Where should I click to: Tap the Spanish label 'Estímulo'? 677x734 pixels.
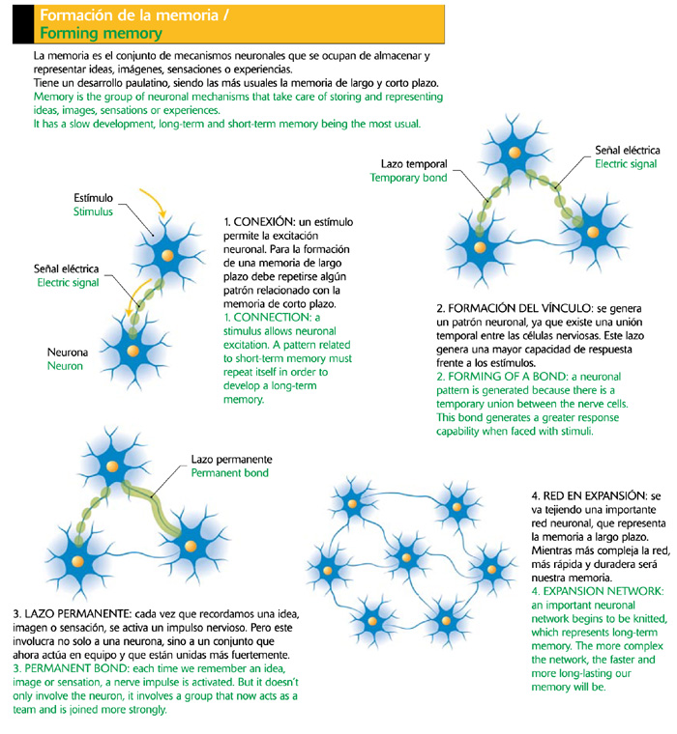pyautogui.click(x=93, y=197)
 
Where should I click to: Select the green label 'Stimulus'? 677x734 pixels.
pyautogui.click(x=93, y=212)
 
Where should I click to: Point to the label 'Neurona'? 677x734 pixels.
pyautogui.click(x=67, y=353)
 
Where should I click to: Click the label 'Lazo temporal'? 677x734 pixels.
pyautogui.click(x=407, y=163)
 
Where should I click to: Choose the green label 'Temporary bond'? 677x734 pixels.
pyautogui.click(x=407, y=178)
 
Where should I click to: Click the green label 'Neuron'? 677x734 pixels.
pyautogui.click(x=65, y=367)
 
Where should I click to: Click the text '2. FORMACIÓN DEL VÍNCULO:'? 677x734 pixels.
pyautogui.click(x=521, y=308)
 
